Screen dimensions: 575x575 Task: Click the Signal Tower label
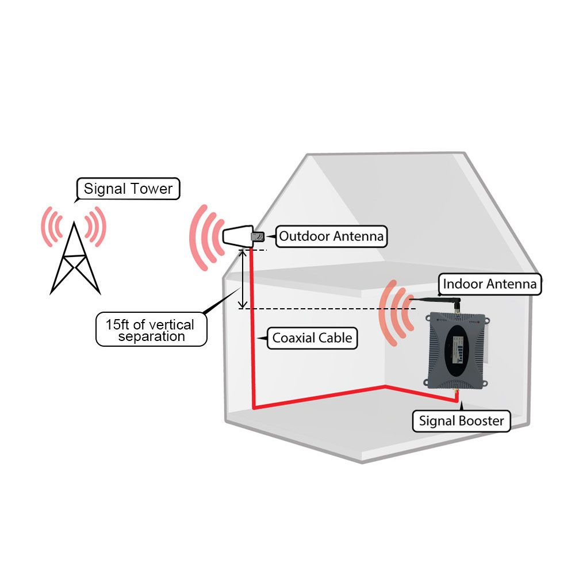[128, 189]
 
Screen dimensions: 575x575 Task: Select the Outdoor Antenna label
[331, 236]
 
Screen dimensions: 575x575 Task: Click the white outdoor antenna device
[236, 236]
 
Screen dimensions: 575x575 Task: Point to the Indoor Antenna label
[489, 283]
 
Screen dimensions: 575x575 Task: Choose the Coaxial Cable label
[312, 338]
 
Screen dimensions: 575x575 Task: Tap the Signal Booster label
[461, 420]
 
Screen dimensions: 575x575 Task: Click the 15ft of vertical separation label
[151, 330]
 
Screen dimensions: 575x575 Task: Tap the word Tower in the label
[152, 189]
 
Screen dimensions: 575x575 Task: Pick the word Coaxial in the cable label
[293, 338]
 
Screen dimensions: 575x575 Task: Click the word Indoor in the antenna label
[463, 283]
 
